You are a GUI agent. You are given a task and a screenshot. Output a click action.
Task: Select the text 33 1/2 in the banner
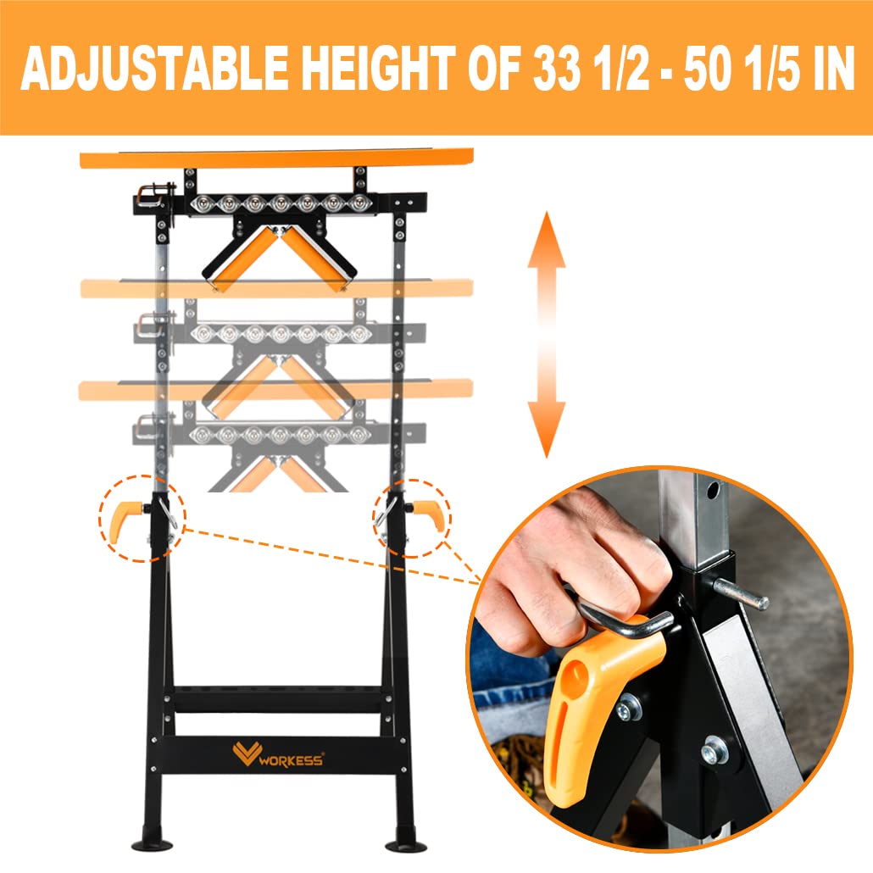click(587, 69)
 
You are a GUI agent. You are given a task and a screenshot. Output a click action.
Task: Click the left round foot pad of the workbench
click(153, 845)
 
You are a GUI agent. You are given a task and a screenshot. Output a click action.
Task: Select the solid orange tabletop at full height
click(275, 158)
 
